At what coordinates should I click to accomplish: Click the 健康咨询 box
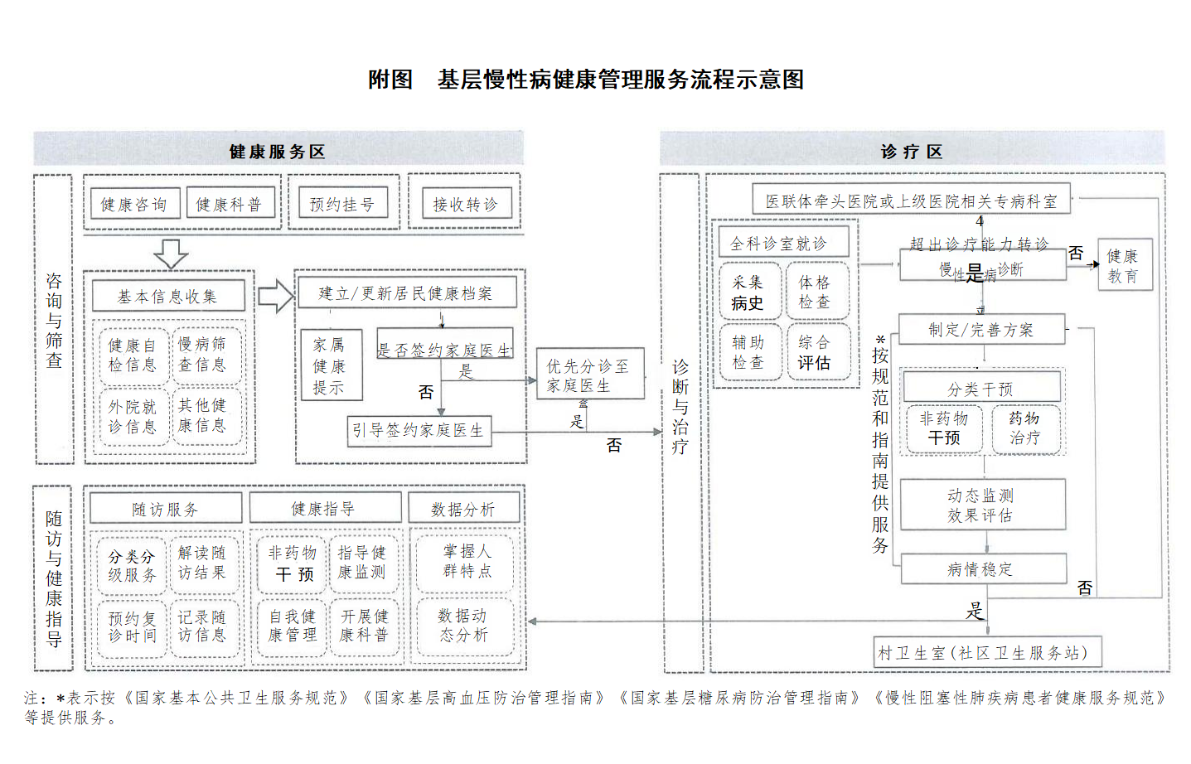tap(134, 205)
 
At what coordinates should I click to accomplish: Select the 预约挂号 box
tap(342, 205)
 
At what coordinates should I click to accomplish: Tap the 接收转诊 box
tap(465, 205)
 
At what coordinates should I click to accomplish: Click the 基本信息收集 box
tap(168, 297)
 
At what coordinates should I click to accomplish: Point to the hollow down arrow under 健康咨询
tap(171, 254)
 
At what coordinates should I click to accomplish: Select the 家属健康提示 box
tap(329, 366)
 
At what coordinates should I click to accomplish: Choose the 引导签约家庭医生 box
tap(419, 431)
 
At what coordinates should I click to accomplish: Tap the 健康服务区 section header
tap(278, 151)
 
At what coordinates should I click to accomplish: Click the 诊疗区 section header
tap(912, 151)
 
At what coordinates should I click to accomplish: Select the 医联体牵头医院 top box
tap(911, 201)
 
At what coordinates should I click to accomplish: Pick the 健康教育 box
tap(1124, 266)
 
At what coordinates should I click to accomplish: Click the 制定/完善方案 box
tap(981, 330)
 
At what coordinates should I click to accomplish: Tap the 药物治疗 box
tap(1025, 428)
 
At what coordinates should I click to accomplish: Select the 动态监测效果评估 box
tap(981, 505)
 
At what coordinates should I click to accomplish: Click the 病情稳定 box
tap(981, 569)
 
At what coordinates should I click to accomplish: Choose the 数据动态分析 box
tap(464, 626)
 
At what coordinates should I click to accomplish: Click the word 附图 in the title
tap(390, 80)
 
